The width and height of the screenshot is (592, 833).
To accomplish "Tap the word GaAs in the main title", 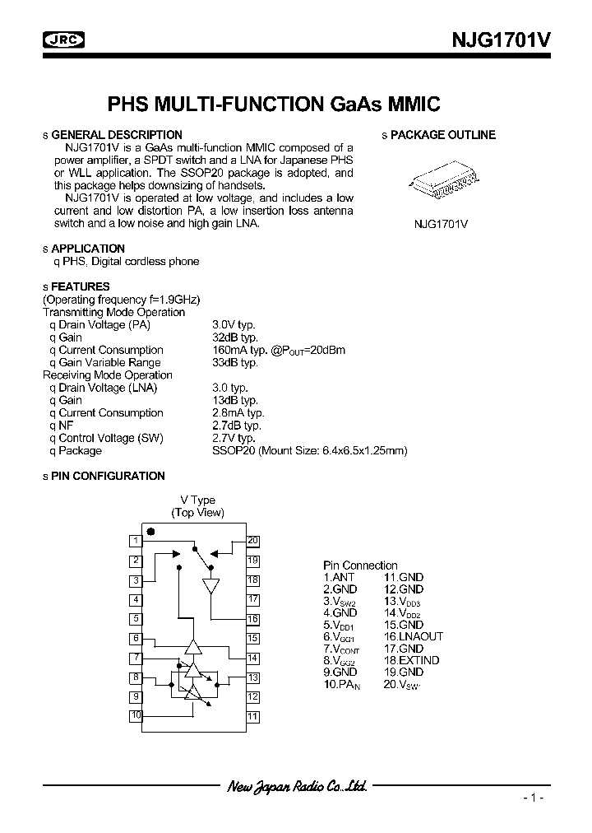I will pyautogui.click(x=358, y=104).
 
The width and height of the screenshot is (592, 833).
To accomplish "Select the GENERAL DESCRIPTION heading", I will pyautogui.click(x=116, y=135).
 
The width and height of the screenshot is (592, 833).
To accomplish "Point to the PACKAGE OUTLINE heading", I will pyautogui.click(x=442, y=135).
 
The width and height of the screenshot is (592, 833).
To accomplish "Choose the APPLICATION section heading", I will pyautogui.click(x=88, y=249).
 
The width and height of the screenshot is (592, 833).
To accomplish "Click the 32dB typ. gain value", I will pyautogui.click(x=235, y=337).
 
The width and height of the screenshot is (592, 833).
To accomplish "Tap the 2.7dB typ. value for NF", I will pyautogui.click(x=237, y=426).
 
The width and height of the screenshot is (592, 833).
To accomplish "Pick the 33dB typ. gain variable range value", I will pyautogui.click(x=235, y=362).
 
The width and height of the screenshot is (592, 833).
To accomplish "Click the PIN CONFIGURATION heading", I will pyautogui.click(x=108, y=476).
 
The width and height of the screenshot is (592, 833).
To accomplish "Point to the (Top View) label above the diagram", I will pyautogui.click(x=197, y=512).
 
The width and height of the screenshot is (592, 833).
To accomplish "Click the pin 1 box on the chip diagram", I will pyautogui.click(x=135, y=541).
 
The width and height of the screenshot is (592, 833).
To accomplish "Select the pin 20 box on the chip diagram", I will pyautogui.click(x=252, y=541).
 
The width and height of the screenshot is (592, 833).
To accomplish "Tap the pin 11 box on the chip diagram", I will pyautogui.click(x=252, y=716).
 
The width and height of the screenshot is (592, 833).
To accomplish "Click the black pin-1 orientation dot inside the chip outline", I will pyautogui.click(x=150, y=532).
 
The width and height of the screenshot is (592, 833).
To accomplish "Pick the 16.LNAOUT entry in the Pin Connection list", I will pyautogui.click(x=414, y=636).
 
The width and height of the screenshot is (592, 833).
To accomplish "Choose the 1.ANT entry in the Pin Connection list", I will pyautogui.click(x=339, y=578).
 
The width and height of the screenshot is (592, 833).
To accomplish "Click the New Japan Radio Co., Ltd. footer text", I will pyautogui.click(x=296, y=787).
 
